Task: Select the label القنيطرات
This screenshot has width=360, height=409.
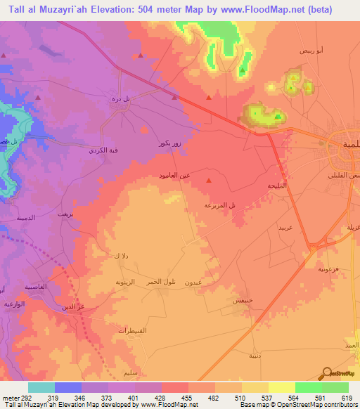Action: click(x=131, y=330)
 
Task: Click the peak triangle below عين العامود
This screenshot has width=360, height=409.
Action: click(x=208, y=183)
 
